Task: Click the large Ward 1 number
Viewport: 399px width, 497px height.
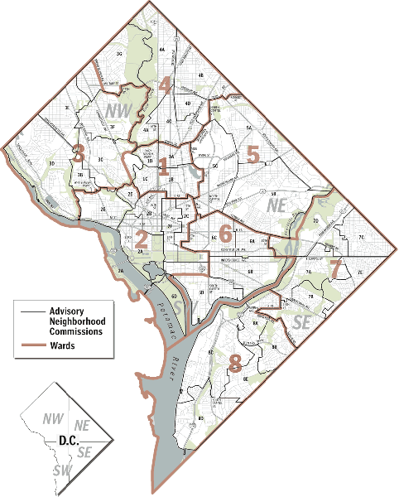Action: coord(163,166)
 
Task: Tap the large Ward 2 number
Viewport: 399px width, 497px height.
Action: coord(142,239)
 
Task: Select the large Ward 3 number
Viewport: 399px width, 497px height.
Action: coord(79,152)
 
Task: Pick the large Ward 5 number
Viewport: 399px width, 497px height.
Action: coord(253,152)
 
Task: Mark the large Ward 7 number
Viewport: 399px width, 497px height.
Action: coord(335,268)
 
